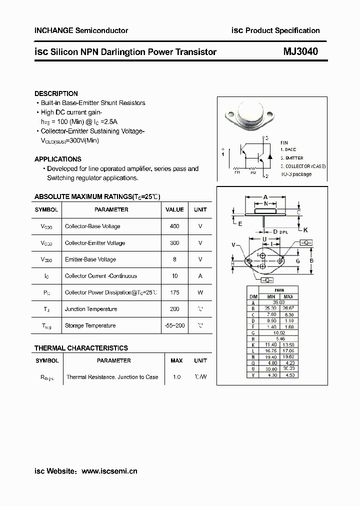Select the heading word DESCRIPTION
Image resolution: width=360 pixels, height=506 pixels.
(x=56, y=93)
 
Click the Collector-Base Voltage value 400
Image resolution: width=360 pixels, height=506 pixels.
(x=174, y=226)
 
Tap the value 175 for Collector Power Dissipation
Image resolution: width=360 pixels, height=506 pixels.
(x=174, y=292)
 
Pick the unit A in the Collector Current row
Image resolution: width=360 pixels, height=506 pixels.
(x=200, y=276)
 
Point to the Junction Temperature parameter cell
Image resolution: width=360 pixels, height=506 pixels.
(x=91, y=309)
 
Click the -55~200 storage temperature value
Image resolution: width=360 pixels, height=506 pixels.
(x=174, y=325)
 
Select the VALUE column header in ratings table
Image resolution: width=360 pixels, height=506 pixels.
(x=174, y=209)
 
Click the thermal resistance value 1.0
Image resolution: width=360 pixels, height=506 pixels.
(x=176, y=377)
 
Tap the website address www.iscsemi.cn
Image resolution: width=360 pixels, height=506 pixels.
(x=109, y=471)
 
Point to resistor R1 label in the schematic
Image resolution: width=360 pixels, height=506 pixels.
(x=237, y=172)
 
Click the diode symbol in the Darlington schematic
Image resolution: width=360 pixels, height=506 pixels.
(x=269, y=156)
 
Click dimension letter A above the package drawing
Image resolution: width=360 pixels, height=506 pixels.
(x=265, y=196)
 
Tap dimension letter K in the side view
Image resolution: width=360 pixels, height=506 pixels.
(x=305, y=229)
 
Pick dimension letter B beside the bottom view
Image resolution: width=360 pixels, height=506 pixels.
(x=311, y=260)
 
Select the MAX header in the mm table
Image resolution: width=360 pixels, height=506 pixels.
(x=288, y=296)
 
